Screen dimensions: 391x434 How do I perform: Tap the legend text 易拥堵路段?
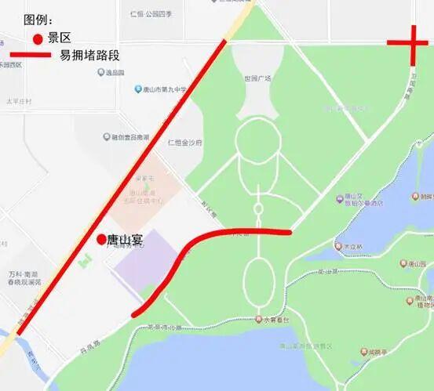[89, 55]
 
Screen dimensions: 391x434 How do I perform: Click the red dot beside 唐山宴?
[100, 239]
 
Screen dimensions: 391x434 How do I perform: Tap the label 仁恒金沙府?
[185, 143]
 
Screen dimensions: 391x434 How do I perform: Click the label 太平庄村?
[19, 101]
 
